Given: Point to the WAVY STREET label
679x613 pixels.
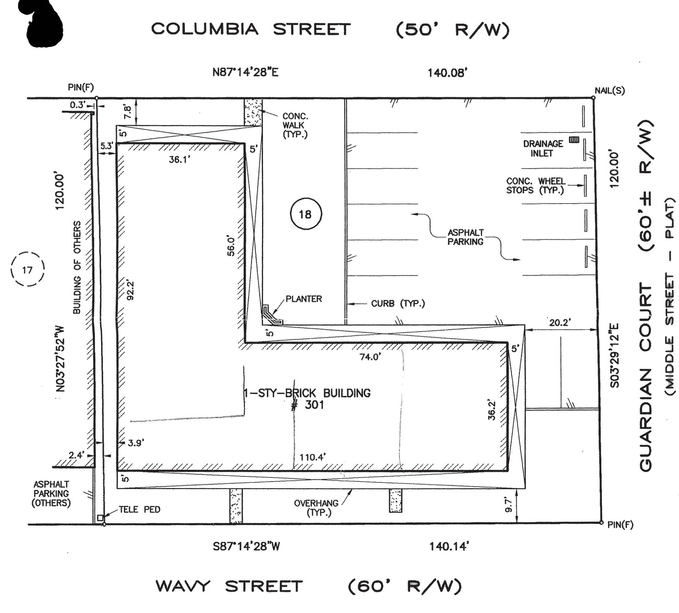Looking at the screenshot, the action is (229, 586).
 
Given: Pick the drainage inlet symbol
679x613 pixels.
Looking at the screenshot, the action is (574, 139).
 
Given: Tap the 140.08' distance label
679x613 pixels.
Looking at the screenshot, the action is (447, 73).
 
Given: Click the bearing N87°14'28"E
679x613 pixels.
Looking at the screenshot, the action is (245, 72).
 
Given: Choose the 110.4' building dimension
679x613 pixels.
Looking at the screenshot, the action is (313, 457).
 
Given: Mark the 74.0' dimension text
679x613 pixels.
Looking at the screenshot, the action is (370, 357).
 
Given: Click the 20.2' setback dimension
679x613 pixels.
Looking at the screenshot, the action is (560, 322).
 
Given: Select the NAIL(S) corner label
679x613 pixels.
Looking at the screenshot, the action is (610, 90).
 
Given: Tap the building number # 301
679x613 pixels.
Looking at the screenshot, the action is (307, 405).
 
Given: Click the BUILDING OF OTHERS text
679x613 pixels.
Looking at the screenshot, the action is (77, 267).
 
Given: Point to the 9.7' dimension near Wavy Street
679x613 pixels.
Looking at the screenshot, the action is (508, 505).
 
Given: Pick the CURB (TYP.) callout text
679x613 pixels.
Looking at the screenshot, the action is (398, 304).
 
